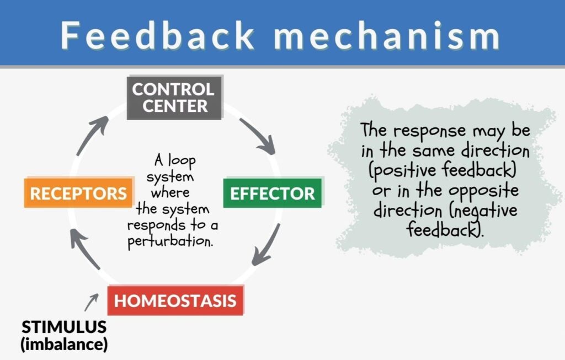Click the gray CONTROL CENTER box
174,97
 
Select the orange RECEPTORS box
78,193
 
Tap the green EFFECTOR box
272,193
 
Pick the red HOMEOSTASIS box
175,300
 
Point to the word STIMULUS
64,327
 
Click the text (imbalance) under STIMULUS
64,345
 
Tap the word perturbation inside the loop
170,241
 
